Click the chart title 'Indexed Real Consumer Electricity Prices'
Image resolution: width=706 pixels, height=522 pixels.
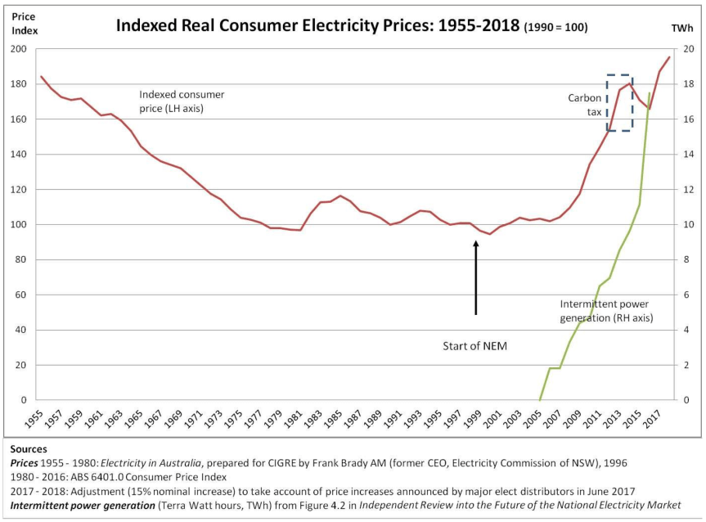(x=317, y=25)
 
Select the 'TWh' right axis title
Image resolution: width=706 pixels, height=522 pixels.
(x=682, y=27)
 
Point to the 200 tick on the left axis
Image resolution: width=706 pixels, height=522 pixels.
(x=18, y=49)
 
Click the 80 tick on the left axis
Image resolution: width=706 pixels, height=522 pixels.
(x=20, y=260)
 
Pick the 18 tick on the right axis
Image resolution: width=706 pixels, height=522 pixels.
(x=689, y=84)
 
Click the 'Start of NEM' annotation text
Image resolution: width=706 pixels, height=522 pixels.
(x=474, y=346)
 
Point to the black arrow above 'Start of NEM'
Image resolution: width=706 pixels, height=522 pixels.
(x=475, y=278)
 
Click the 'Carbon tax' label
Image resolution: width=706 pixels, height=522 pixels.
(x=585, y=105)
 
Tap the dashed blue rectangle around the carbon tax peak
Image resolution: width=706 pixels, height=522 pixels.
(x=619, y=102)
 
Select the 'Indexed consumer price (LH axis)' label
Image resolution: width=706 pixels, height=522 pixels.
(x=181, y=101)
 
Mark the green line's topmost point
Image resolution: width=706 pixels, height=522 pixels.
(x=650, y=93)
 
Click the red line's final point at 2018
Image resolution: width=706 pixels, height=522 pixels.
(x=669, y=57)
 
